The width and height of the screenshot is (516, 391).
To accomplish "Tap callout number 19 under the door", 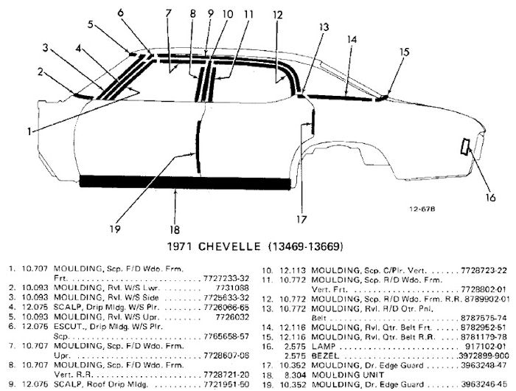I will point(114,229).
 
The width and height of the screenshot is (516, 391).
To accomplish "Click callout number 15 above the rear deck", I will point(404,52).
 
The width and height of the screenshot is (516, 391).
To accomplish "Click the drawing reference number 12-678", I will point(423,209).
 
